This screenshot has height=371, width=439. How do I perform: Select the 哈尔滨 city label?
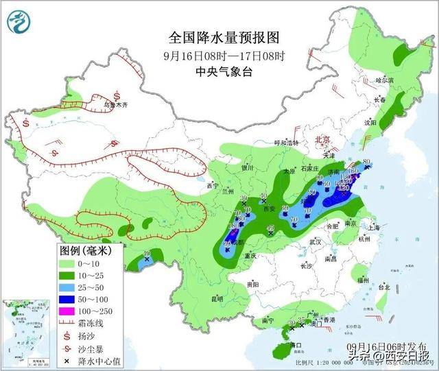coord(388,80)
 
